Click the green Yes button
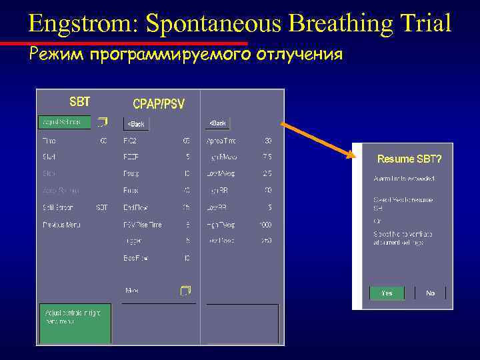[x=387, y=293]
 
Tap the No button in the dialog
[x=430, y=293]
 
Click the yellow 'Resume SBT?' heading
[x=409, y=159]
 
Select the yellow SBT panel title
[x=80, y=102]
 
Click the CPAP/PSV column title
[x=159, y=104]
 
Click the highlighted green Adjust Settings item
[x=64, y=123]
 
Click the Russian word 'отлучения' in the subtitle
[x=300, y=54]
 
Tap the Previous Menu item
[x=61, y=225]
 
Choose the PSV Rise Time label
[x=142, y=225]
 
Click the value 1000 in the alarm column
[x=265, y=225]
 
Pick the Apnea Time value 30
[x=267, y=141]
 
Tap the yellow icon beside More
[x=185, y=290]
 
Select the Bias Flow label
[x=135, y=258]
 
